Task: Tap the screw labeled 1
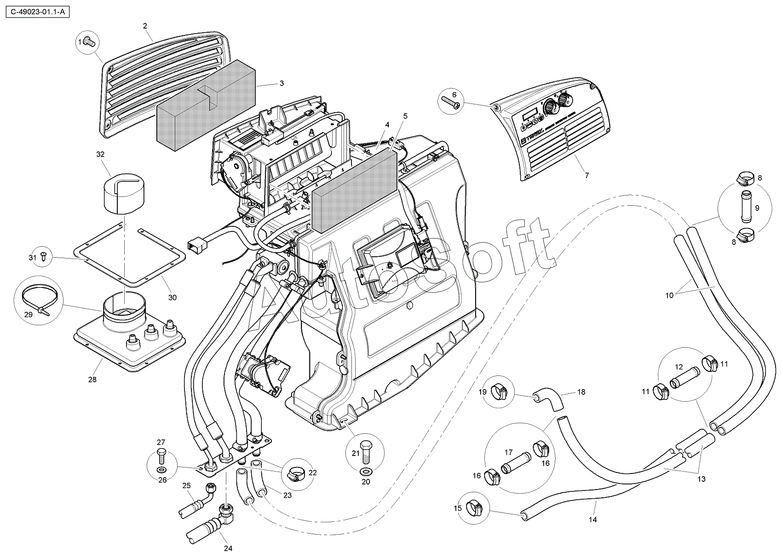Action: coord(90,43)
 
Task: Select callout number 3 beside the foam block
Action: coord(282,83)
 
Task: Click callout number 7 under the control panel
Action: coord(586,175)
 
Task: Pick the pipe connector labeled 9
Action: coord(745,208)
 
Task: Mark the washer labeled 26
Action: coord(161,470)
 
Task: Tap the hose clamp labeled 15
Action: coord(474,507)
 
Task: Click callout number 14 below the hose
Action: coord(592,519)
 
